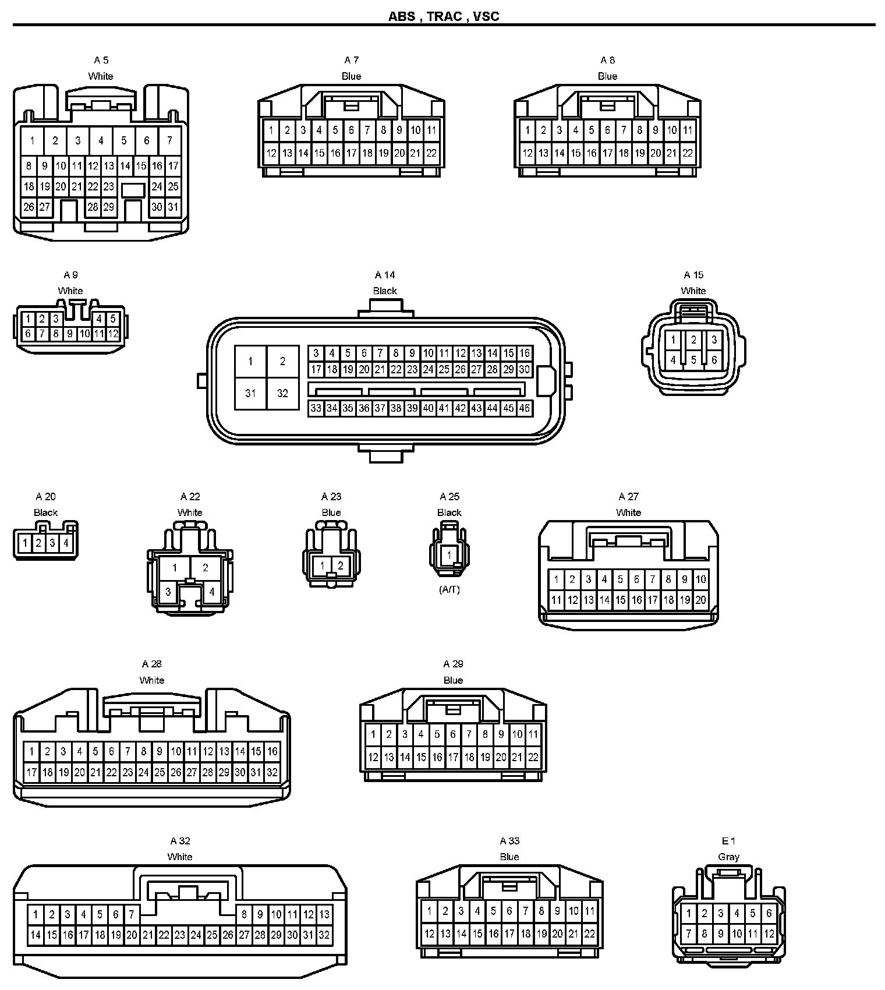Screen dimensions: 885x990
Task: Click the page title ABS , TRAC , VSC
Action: (x=443, y=16)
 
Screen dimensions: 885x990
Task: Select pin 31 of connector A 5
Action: (x=173, y=207)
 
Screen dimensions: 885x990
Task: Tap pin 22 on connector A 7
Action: (x=431, y=153)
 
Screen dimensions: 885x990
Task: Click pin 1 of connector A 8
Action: (x=528, y=130)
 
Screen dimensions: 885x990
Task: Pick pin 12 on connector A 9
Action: (x=113, y=334)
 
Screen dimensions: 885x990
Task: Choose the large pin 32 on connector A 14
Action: (x=282, y=393)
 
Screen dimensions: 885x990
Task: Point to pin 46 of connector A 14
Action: (x=525, y=408)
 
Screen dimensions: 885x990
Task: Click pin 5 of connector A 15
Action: (x=693, y=360)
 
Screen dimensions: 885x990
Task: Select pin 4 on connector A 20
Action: (x=66, y=543)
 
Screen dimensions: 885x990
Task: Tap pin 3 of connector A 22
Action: (x=168, y=592)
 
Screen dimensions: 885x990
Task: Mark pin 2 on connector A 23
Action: (x=341, y=565)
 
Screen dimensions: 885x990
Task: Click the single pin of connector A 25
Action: (x=449, y=555)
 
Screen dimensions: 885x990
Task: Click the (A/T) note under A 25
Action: (x=449, y=589)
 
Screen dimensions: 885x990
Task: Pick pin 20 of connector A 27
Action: (x=700, y=600)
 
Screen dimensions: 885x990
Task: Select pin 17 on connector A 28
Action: (x=31, y=773)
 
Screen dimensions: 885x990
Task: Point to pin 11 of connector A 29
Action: (x=533, y=734)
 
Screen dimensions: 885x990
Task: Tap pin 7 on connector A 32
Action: (x=132, y=914)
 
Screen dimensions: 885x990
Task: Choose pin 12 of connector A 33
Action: (x=429, y=934)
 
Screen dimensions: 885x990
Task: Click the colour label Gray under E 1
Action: (x=728, y=857)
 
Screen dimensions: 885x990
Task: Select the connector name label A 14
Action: (x=385, y=275)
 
